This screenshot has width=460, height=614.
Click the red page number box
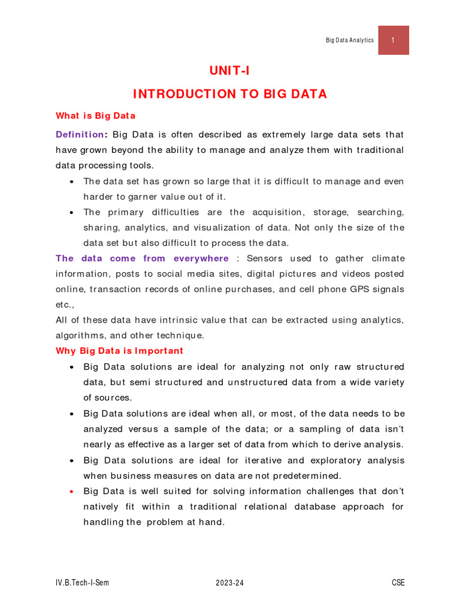pyautogui.click(x=394, y=40)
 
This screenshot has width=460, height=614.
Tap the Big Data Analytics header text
pyautogui.click(x=349, y=40)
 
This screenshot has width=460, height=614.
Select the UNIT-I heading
pyautogui.click(x=229, y=71)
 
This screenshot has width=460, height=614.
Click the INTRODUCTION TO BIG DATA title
pyautogui.click(x=229, y=94)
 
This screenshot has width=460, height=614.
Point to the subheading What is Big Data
pyautogui.click(x=96, y=116)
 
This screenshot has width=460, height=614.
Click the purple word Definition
pyautogui.click(x=80, y=134)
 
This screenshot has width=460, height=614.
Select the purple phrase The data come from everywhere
pyautogui.click(x=142, y=258)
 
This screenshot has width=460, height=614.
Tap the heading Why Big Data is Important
pyautogui.click(x=120, y=351)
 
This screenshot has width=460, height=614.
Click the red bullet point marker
pyautogui.click(x=72, y=492)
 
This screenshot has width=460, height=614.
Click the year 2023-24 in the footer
pyautogui.click(x=230, y=583)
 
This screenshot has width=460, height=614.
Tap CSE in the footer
pyautogui.click(x=398, y=583)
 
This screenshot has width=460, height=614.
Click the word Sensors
pyautogui.click(x=267, y=258)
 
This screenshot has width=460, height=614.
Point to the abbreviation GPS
pyautogui.click(x=355, y=289)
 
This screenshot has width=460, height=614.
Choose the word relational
pyautogui.click(x=262, y=507)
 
